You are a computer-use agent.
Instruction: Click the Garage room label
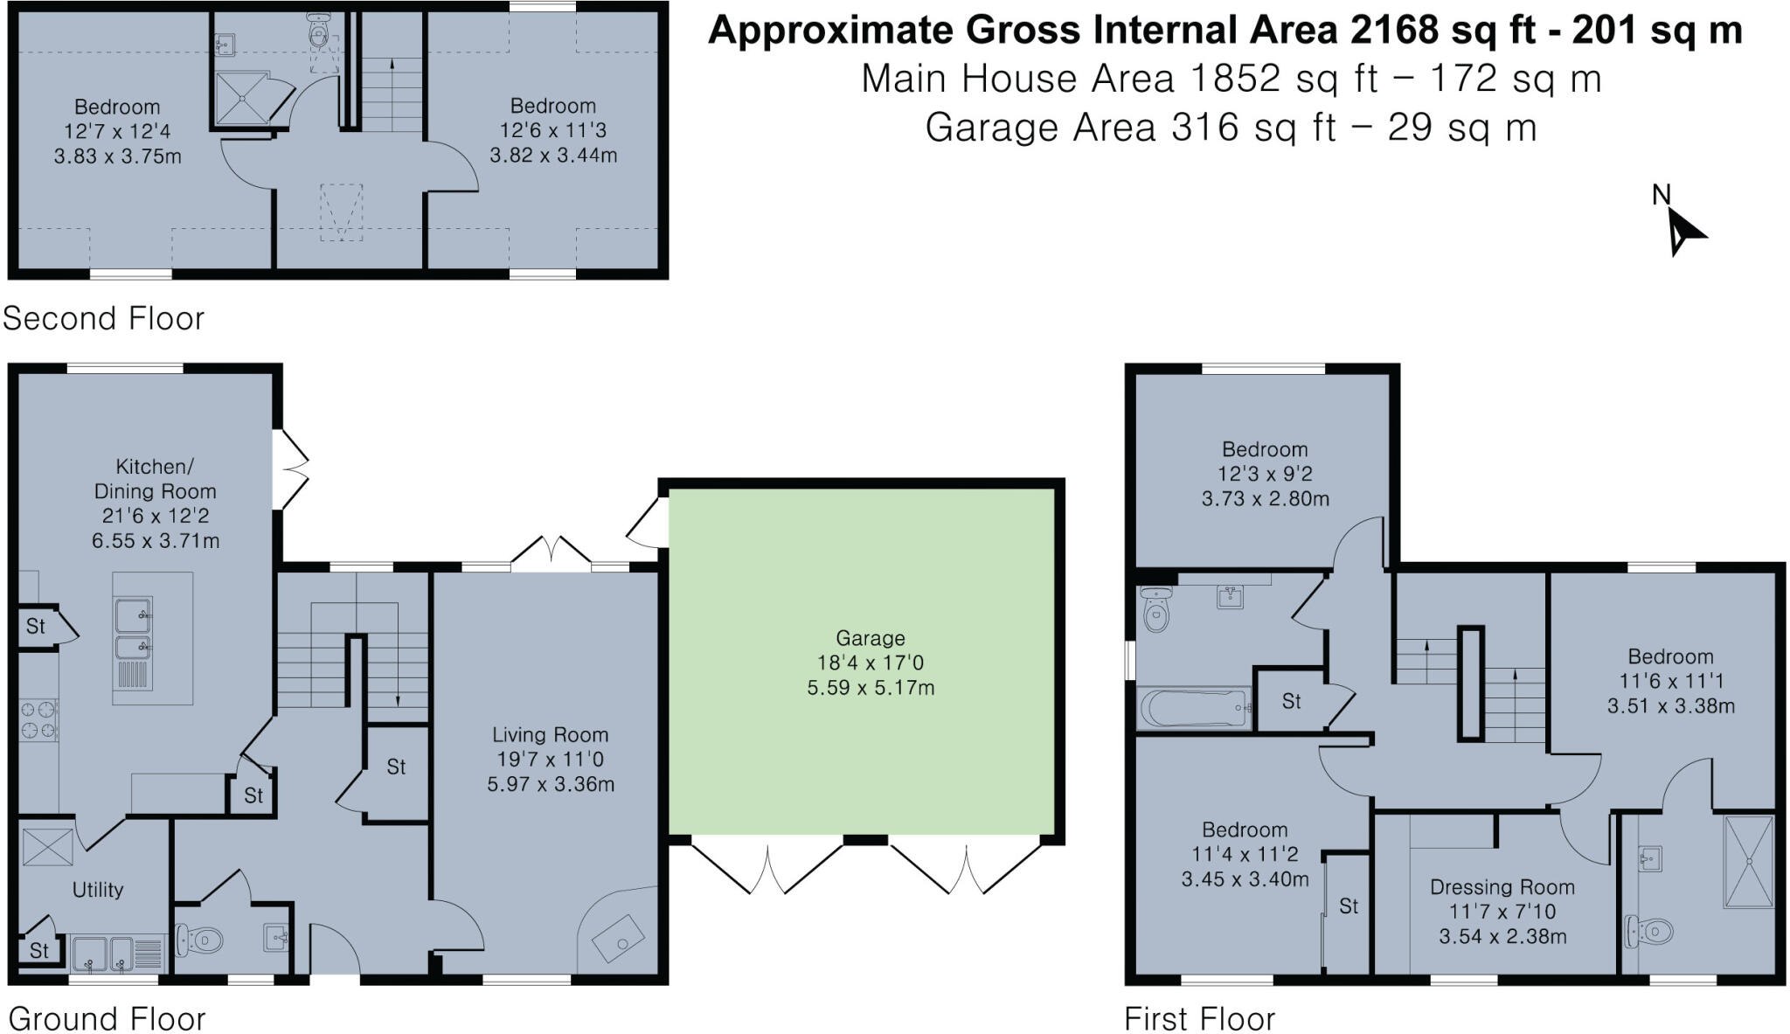870,638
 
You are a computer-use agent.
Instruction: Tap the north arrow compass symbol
1683,232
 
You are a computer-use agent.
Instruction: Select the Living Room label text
550,735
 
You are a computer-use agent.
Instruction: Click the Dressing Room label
1502,887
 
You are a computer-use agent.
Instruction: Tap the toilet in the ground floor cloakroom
199,941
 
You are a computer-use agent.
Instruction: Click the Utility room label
97,890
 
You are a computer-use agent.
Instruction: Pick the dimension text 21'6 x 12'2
156,516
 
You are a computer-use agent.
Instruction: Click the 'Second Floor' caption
103,318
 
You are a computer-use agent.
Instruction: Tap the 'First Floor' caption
1199,1019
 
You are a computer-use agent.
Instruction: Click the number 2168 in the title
1393,31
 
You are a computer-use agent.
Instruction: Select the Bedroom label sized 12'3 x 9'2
1265,449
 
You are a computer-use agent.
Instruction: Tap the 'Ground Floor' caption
107,1019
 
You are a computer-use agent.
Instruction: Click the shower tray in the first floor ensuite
1749,861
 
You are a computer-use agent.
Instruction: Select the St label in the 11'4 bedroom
1348,906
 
